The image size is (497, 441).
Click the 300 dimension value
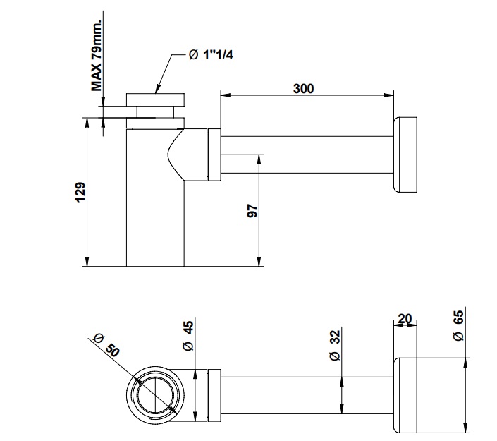pyautogui.click(x=304, y=89)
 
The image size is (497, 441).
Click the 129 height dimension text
pyautogui.click(x=80, y=192)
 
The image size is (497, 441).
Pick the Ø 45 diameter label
pyautogui.click(x=188, y=336)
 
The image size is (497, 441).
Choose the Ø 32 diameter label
pyautogui.click(x=335, y=345)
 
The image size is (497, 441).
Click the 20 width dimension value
pyautogui.click(x=405, y=320)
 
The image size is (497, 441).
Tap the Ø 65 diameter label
pyautogui.click(x=459, y=327)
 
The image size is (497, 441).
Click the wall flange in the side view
pyautogui.click(x=407, y=155)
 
